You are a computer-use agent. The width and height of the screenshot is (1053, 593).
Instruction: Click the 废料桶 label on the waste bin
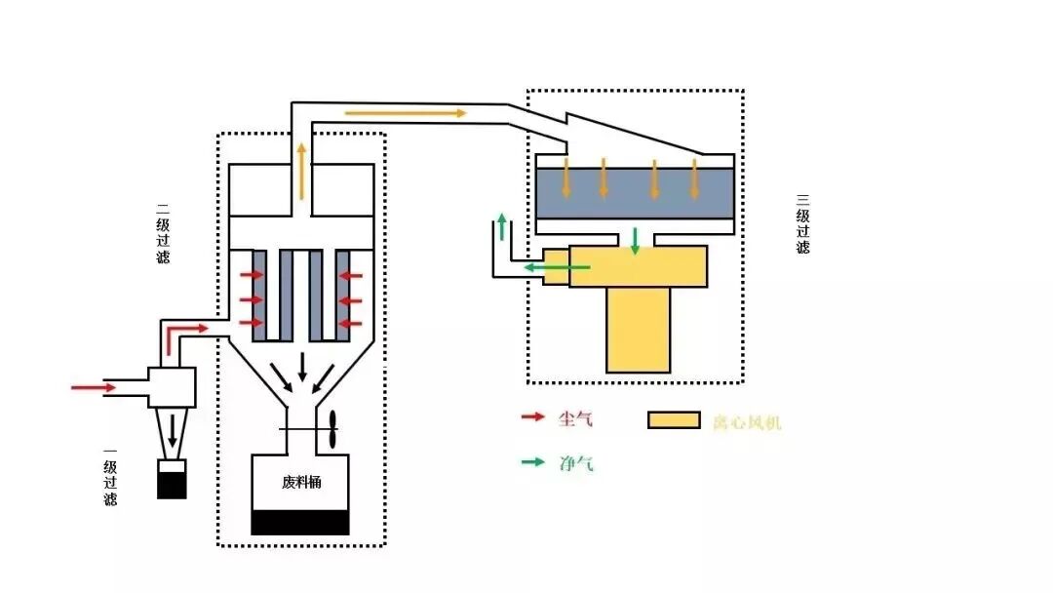[x=301, y=482]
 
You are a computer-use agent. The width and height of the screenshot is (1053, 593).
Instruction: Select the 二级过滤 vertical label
[x=163, y=233]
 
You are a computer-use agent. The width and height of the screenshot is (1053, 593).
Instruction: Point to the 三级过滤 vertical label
[x=802, y=223]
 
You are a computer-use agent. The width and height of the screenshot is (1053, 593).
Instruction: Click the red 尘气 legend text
[x=575, y=419]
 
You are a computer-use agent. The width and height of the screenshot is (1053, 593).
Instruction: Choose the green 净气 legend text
[x=576, y=462]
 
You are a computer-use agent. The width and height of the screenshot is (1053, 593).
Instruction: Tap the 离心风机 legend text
[x=747, y=421]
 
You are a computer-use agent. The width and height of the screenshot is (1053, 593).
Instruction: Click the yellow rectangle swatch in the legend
[x=674, y=420]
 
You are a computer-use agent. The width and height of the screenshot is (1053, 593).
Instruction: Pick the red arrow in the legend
[x=532, y=417]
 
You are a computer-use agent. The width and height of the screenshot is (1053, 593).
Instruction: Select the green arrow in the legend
[x=532, y=461]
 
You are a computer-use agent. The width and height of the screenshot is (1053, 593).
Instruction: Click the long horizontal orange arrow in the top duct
[x=406, y=113]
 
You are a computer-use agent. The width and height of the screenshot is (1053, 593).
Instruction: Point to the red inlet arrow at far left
[x=94, y=387]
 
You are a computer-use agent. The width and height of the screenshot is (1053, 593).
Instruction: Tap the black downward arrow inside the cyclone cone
[x=173, y=430]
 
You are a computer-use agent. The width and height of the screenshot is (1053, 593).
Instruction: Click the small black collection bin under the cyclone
[x=172, y=479]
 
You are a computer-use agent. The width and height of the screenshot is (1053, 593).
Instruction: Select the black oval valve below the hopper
[x=331, y=430]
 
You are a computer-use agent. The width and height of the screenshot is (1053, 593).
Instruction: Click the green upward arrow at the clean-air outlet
[x=501, y=226]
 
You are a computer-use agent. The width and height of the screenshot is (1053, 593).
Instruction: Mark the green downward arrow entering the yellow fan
[x=635, y=242]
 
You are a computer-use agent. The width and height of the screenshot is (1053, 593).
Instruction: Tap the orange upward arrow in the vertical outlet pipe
[x=301, y=172]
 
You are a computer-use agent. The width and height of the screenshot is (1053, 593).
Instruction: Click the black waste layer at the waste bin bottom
[x=300, y=523]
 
